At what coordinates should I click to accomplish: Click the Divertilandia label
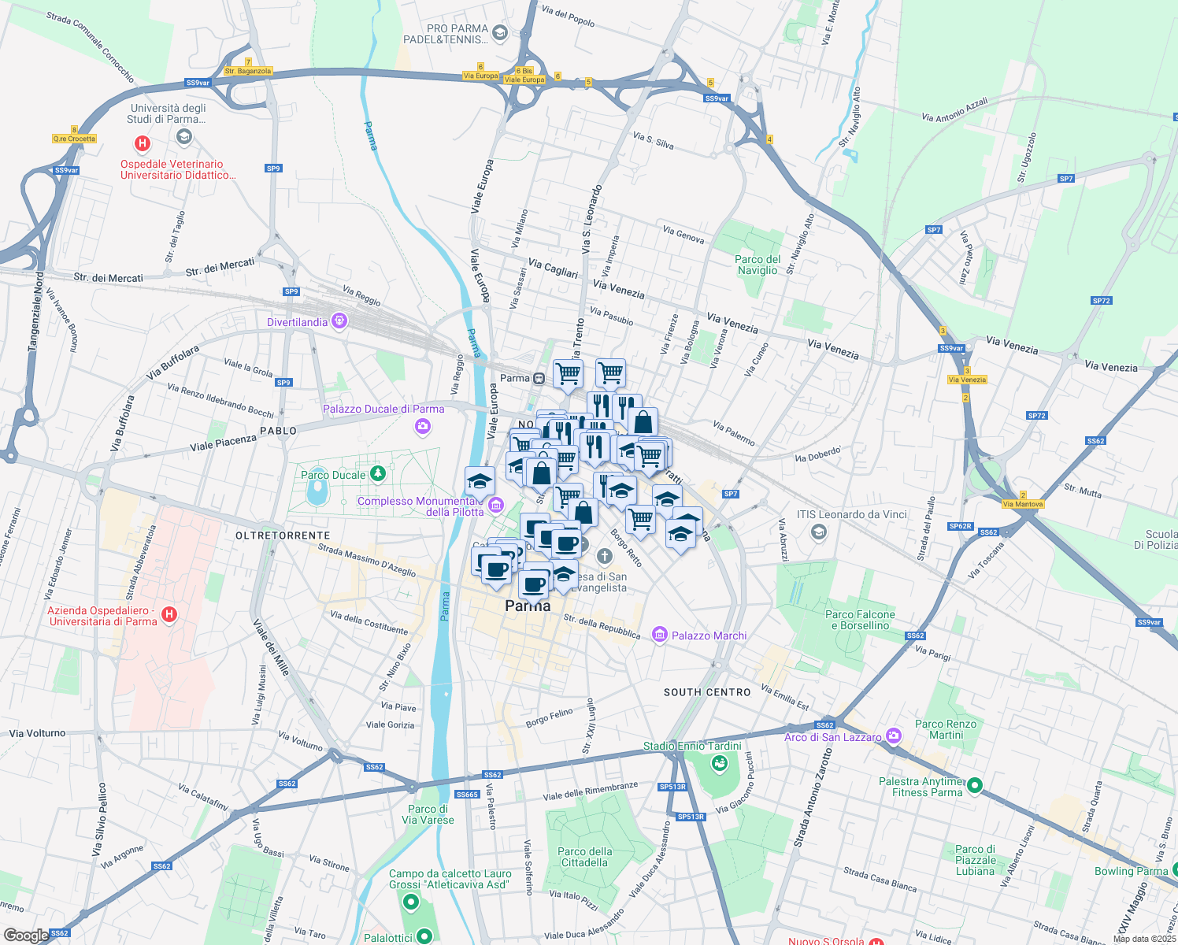coord(297,322)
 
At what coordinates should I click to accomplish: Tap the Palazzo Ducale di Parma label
coord(383,409)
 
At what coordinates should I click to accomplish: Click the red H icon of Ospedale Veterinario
coord(143,143)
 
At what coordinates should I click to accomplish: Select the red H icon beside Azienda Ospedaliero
coord(169,613)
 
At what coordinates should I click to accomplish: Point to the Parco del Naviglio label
coord(758,265)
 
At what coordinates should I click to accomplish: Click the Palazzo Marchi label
coord(709,636)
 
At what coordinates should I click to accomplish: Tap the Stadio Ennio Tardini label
coord(692,746)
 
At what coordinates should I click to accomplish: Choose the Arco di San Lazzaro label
coord(833,737)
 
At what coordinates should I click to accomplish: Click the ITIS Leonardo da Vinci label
coord(852,514)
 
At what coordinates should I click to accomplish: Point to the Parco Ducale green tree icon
coord(379,473)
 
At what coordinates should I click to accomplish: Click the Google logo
coord(26,936)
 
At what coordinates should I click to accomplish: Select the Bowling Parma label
coord(1131,871)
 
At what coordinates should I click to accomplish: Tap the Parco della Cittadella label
coord(585,857)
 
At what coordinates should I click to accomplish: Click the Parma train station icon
coord(539,378)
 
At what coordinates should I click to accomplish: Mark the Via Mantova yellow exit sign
coord(1023,504)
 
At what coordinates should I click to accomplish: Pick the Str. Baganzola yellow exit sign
coord(248,71)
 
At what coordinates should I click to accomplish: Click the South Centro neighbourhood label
coord(707,692)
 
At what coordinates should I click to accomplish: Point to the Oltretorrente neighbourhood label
coord(283,535)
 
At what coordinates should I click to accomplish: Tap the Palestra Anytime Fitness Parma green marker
coord(974,785)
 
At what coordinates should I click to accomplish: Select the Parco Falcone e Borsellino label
coord(860,620)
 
